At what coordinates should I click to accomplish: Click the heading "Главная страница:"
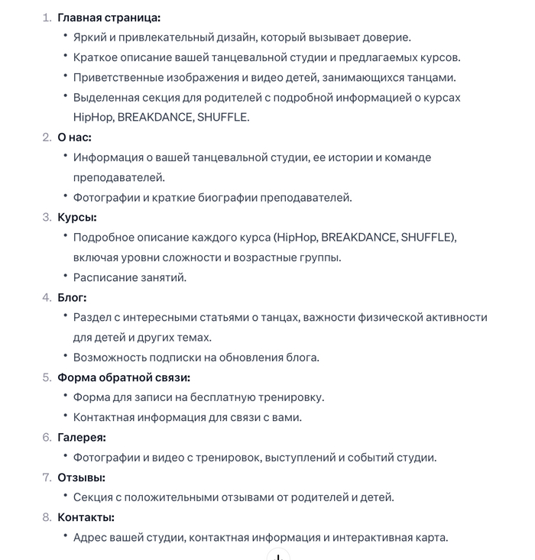(109, 18)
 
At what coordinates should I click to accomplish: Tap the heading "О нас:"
(74, 138)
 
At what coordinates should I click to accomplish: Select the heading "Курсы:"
(77, 217)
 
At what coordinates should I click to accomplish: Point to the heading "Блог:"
(73, 297)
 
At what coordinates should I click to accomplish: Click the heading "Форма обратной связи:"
(124, 377)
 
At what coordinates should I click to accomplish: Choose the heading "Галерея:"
(82, 437)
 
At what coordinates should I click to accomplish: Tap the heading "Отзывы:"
(81, 477)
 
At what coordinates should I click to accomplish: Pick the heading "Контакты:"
(86, 517)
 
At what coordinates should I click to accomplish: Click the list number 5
(47, 377)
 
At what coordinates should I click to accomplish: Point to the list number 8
(47, 517)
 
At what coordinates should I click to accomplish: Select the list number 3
(47, 217)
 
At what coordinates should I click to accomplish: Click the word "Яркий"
(89, 37)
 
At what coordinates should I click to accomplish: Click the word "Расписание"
(105, 277)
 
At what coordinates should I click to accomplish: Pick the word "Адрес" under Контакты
(90, 537)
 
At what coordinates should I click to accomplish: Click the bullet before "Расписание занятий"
(65, 277)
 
